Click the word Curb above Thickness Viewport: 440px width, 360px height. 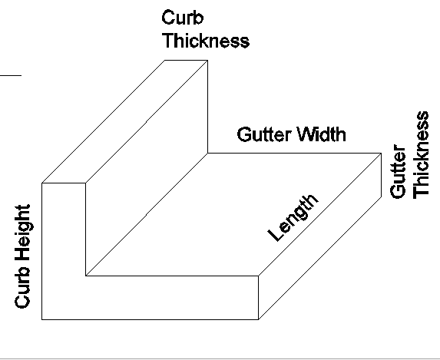[183, 18]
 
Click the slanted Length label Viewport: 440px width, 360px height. [293, 217]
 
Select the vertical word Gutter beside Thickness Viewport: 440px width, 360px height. [398, 171]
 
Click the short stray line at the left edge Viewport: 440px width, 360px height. [11, 75]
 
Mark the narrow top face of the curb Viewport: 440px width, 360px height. [125, 121]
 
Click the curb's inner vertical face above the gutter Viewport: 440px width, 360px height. [147, 168]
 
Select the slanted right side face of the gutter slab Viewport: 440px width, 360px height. [320, 236]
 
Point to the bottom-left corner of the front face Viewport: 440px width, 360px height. [42, 319]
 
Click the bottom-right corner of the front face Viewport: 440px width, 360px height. [259, 319]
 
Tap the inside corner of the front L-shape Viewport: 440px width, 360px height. [85, 276]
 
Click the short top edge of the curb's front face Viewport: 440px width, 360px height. [64, 183]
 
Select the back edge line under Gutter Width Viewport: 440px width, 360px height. [294, 154]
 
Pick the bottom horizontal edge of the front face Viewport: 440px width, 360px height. [151, 319]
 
